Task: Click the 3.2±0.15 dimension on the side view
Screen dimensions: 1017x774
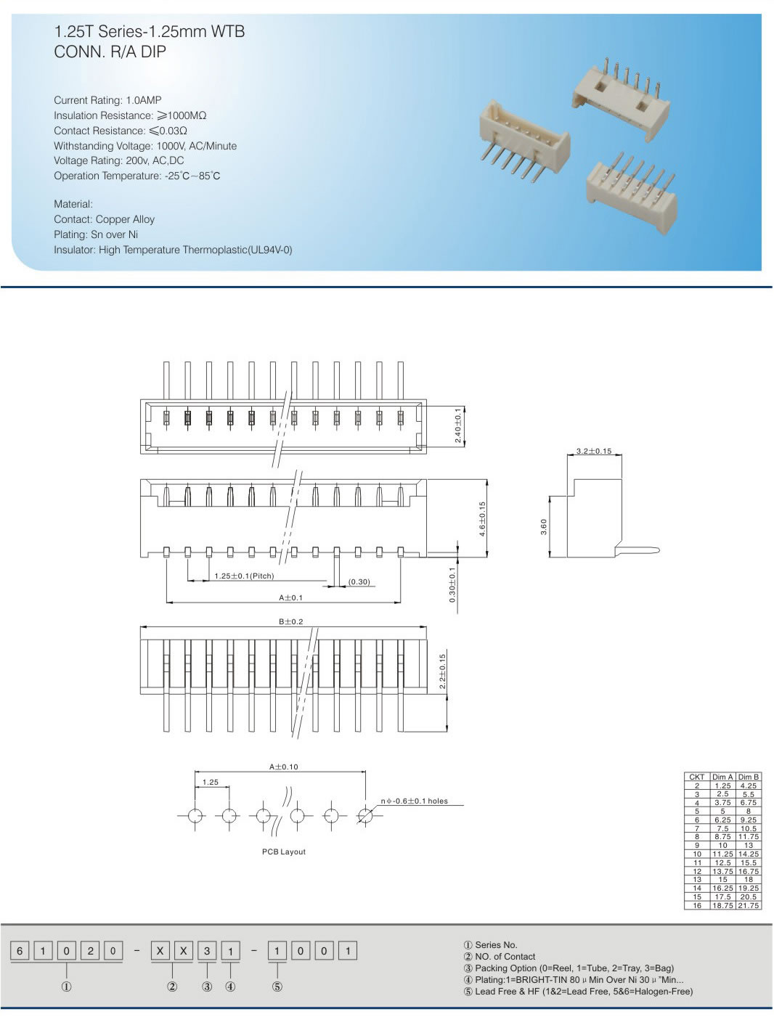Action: click(593, 452)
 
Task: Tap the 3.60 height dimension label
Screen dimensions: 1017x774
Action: click(544, 527)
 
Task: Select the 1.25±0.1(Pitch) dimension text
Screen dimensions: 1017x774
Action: click(244, 576)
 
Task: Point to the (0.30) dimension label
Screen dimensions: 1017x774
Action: click(359, 582)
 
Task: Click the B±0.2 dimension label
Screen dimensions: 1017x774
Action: click(291, 622)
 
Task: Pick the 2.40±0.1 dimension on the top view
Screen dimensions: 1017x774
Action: click(457, 425)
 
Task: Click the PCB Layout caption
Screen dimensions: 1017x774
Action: click(284, 851)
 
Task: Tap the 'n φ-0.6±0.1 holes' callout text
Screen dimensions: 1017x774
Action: click(415, 801)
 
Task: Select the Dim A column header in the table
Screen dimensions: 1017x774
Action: click(722, 777)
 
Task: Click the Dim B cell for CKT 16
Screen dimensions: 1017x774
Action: click(749, 905)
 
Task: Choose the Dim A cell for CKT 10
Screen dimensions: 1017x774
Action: click(722, 854)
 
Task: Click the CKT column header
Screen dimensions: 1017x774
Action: click(697, 777)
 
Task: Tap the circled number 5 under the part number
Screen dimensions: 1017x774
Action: click(277, 987)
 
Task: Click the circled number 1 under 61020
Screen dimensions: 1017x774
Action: click(67, 987)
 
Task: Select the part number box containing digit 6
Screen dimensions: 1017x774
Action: click(20, 951)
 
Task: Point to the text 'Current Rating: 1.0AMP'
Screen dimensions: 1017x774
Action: click(107, 100)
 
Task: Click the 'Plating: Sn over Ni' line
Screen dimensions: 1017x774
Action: click(96, 234)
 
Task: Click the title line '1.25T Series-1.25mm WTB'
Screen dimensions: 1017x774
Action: click(150, 32)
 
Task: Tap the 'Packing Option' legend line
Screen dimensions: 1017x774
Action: click(569, 968)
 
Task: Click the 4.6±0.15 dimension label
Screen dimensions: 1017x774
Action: click(482, 520)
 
